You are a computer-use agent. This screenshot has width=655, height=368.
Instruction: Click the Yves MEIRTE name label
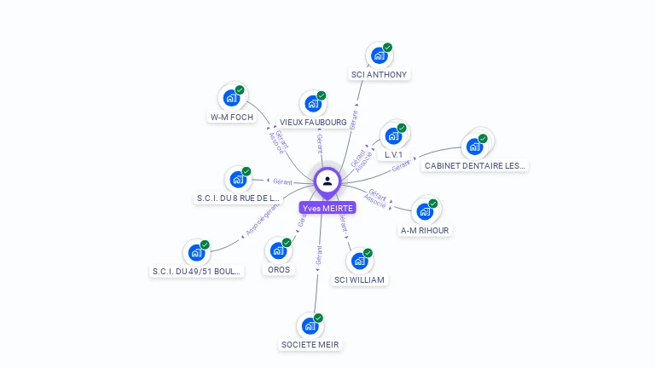pos(327,208)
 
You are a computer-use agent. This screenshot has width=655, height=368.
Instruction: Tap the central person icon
pos(327,181)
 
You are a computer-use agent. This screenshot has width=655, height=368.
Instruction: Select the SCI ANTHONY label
pos(380,74)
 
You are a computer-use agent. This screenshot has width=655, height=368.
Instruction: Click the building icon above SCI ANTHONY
pos(379,56)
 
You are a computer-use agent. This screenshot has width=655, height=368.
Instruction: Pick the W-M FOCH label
pos(232,117)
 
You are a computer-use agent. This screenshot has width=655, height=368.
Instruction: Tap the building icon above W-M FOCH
pos(231,98)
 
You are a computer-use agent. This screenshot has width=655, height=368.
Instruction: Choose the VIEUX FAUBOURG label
pos(313,122)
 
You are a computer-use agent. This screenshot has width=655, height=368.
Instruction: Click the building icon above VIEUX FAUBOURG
pos(313,104)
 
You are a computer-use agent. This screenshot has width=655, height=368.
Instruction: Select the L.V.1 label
pos(393,155)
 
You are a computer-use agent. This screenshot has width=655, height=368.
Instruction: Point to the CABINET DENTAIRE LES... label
pos(475,165)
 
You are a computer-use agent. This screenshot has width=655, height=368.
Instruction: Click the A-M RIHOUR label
pos(425,230)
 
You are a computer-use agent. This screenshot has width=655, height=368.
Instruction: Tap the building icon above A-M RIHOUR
pos(425,211)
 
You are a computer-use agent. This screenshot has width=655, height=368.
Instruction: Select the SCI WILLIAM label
pos(359,279)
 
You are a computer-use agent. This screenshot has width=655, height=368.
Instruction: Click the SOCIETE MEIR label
pos(310,344)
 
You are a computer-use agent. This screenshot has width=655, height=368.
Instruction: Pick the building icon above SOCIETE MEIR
pos(310,325)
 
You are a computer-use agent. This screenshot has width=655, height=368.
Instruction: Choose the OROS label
pos(278,269)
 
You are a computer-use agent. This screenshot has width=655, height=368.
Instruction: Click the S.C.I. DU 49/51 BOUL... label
pos(197,271)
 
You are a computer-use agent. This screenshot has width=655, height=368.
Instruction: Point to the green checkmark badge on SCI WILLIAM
pos(368,252)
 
